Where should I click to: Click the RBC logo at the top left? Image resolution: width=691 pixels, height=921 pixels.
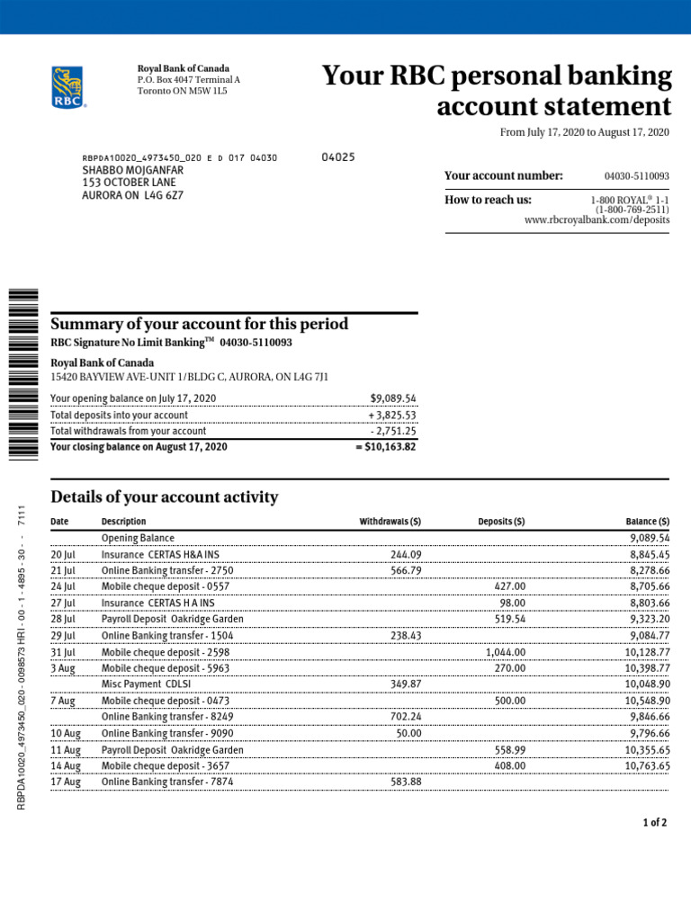tap(68, 87)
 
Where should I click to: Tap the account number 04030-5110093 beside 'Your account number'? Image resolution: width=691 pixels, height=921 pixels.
tap(637, 176)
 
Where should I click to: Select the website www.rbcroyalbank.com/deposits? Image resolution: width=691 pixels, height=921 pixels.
tap(597, 220)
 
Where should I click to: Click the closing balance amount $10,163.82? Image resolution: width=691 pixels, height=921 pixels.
tap(386, 447)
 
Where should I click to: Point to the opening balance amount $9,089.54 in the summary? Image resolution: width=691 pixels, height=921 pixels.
tap(393, 398)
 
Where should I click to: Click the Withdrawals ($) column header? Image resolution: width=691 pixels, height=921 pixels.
tap(390, 522)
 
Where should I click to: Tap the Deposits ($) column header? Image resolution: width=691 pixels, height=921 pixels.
tap(501, 522)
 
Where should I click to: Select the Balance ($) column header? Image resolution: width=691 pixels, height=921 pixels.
tap(647, 522)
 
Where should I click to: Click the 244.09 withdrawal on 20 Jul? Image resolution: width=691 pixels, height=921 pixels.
tap(406, 555)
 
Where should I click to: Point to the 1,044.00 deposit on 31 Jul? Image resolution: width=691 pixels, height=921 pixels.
tap(506, 652)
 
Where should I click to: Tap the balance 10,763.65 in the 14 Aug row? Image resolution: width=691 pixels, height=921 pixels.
tap(647, 765)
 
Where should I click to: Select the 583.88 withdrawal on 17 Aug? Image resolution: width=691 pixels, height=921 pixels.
tap(406, 782)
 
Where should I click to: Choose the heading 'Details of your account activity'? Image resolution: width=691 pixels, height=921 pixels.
tap(165, 497)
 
